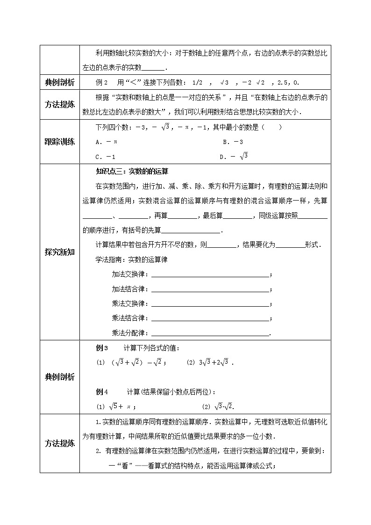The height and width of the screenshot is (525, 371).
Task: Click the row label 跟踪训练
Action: point(59,142)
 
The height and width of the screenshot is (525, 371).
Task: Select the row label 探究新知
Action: point(59,253)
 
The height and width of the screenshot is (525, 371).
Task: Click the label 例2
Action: point(102,83)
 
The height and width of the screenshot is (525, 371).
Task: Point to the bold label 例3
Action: point(102,348)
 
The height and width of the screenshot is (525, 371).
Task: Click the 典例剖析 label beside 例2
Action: point(59,83)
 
